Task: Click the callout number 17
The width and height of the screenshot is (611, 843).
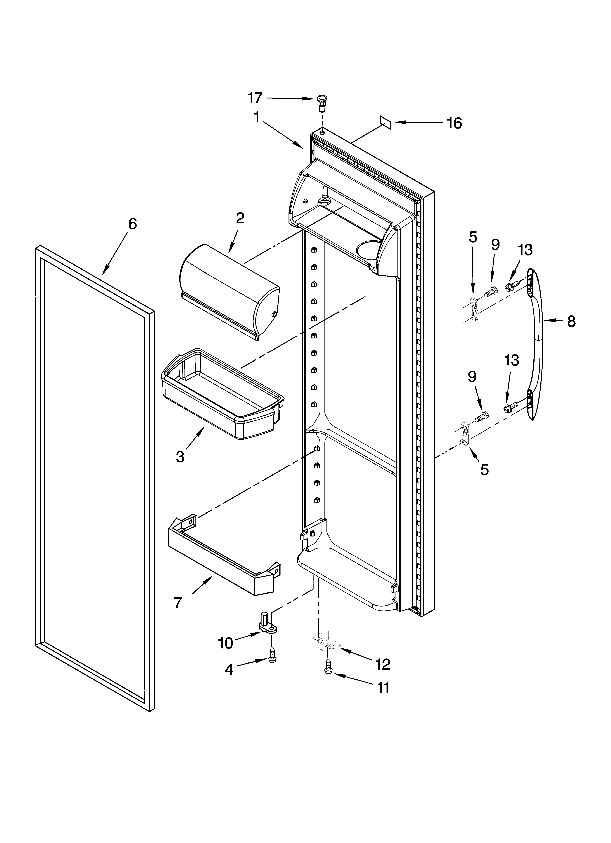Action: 255,98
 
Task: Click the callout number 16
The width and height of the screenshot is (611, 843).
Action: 454,123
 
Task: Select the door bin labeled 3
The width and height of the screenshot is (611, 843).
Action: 222,394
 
